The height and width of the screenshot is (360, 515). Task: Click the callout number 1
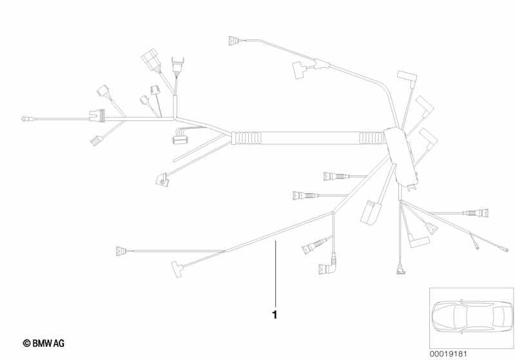pos(275,315)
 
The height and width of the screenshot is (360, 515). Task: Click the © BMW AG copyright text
pos(44,343)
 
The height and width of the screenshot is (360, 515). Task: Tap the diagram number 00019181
pos(448,354)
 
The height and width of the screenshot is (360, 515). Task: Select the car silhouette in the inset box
pos(472,317)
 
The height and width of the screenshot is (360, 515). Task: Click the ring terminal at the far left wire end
pos(25,118)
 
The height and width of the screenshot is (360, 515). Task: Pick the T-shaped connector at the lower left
pos(177,269)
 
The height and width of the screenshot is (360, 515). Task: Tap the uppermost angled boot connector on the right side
pos(407,77)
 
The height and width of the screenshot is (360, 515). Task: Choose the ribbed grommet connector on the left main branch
pos(97,115)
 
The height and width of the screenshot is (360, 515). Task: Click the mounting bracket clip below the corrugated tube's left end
pos(162,180)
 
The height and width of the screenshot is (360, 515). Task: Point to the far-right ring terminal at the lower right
pos(505,250)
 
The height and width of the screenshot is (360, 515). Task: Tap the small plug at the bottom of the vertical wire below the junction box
pos(400,270)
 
